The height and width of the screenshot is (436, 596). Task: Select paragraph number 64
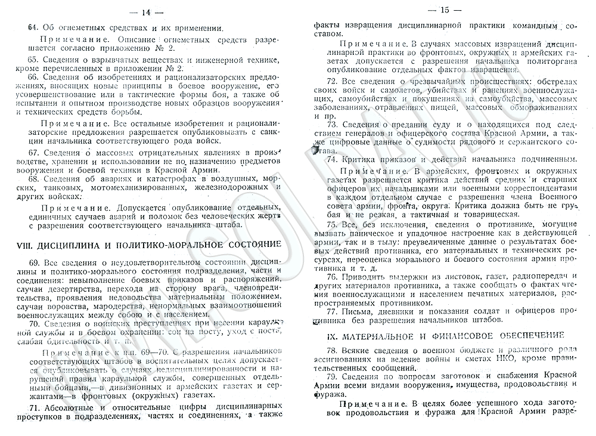click(23, 27)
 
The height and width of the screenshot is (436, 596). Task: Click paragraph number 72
click(331, 81)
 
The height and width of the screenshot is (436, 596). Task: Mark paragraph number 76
click(331, 277)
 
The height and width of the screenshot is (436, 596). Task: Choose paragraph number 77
click(331, 311)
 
